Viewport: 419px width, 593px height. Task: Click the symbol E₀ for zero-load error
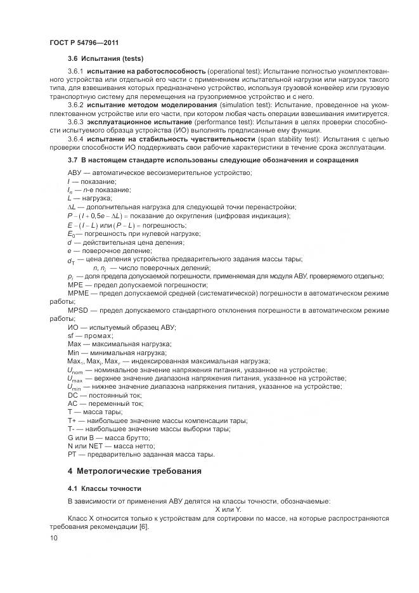[71, 233]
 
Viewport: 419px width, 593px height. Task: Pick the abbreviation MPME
[78, 294]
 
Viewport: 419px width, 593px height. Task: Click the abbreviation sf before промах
[70, 335]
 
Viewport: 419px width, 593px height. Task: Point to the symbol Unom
[75, 369]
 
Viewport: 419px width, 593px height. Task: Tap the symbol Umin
[75, 386]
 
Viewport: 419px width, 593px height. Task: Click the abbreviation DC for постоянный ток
[72, 394]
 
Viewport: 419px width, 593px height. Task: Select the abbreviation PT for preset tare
[72, 455]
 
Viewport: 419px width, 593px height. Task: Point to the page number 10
[53, 539]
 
